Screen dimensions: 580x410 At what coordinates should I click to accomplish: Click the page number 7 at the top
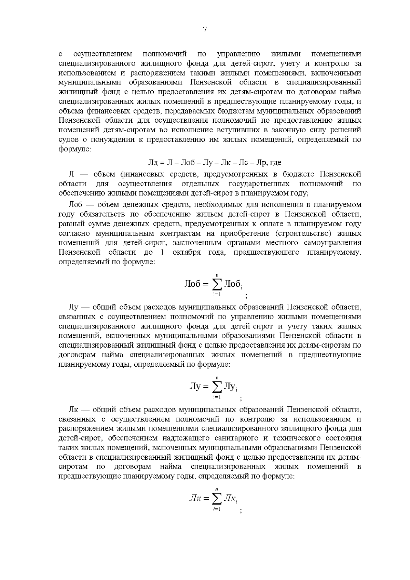tap(205, 30)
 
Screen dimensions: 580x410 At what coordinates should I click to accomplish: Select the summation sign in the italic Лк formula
tap(217, 499)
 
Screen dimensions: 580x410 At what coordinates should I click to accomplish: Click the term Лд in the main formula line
tap(153, 162)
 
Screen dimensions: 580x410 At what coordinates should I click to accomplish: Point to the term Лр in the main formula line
tap(261, 162)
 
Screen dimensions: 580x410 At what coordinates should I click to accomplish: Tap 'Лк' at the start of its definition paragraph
tap(74, 409)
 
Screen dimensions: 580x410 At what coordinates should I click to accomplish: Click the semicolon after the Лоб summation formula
tap(246, 296)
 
